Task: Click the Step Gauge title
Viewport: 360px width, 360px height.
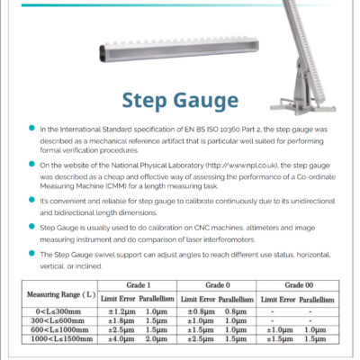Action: tap(180, 99)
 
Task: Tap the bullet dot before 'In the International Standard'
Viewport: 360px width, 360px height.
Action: tap(31, 130)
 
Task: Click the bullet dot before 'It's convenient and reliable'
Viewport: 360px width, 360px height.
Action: tap(31, 198)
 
